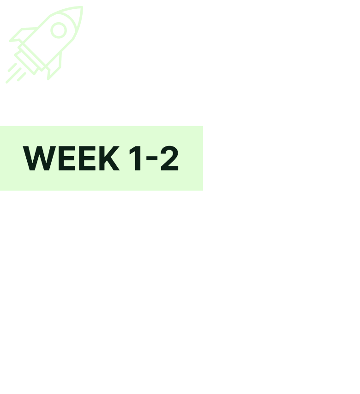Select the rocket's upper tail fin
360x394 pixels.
(x=22, y=35)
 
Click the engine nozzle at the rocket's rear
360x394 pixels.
(x=26, y=62)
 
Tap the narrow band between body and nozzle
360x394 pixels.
(x=31, y=58)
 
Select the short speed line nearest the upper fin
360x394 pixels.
(x=12, y=67)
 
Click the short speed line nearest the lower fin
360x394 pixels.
(x=22, y=77)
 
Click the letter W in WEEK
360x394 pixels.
(x=39, y=158)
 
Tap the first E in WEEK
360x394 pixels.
(x=66, y=158)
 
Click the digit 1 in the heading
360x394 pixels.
(x=136, y=158)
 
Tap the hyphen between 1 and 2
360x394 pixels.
(x=152, y=158)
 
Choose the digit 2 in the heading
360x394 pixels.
(x=170, y=158)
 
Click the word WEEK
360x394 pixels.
(x=71, y=158)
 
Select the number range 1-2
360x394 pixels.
(x=154, y=158)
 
